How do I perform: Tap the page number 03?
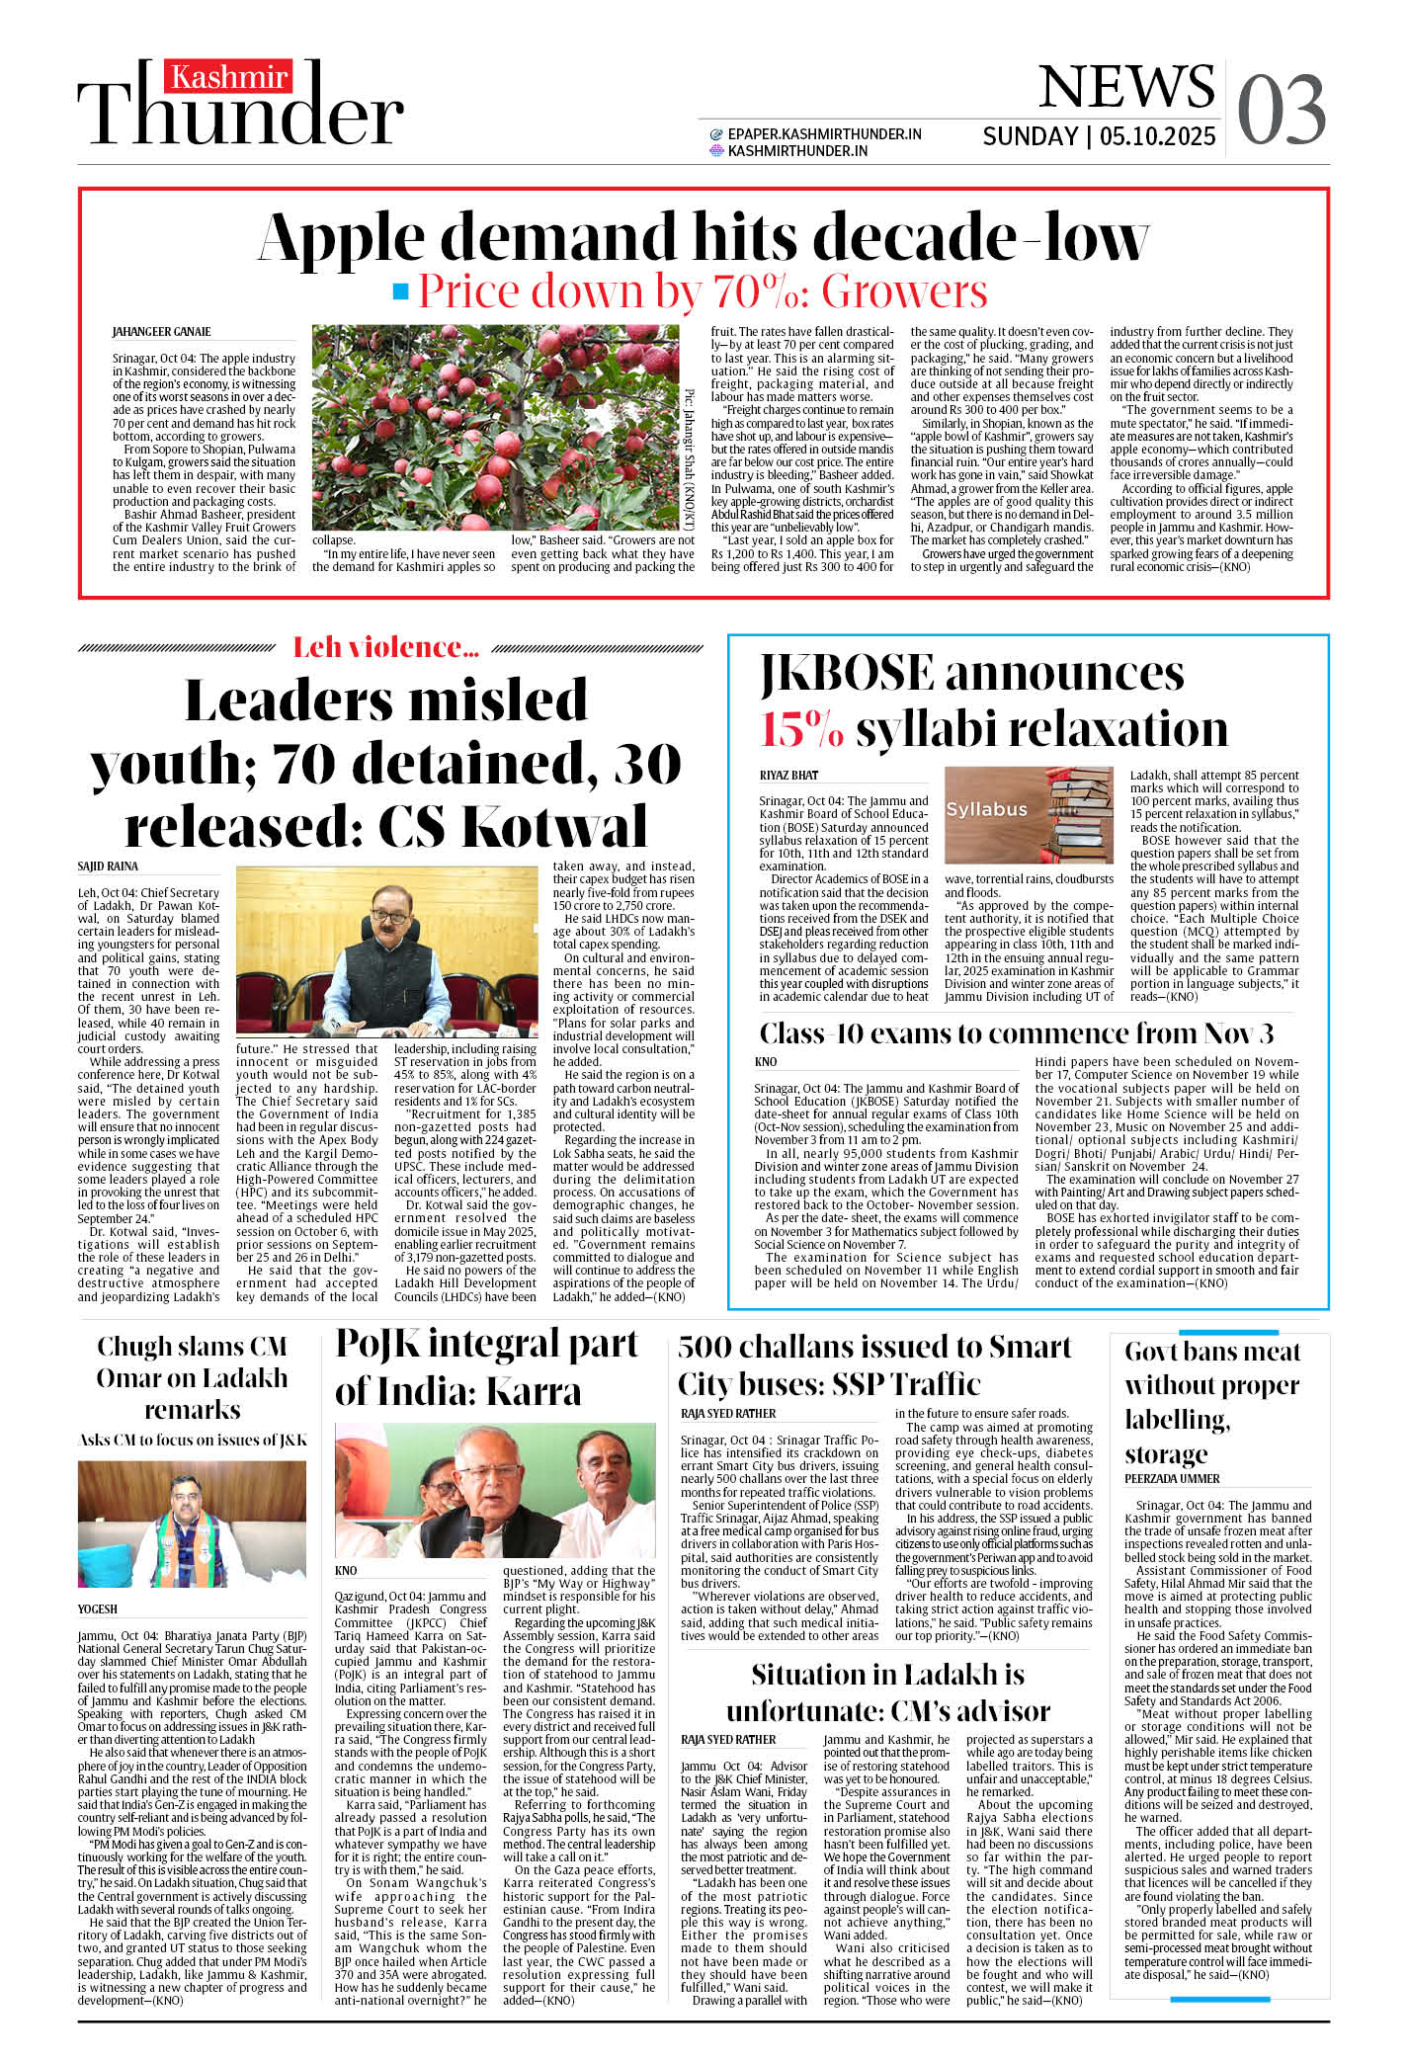[1281, 111]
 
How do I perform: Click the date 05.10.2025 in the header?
[1157, 136]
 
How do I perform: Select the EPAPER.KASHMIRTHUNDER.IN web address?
[824, 134]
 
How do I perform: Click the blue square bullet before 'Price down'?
[400, 291]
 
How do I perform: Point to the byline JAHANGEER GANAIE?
[161, 332]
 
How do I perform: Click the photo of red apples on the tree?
[495, 427]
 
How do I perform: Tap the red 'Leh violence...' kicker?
[385, 647]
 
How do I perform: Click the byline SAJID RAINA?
[108, 866]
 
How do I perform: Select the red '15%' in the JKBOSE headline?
[801, 730]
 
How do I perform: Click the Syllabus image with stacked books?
[1029, 815]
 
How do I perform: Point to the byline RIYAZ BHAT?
[788, 776]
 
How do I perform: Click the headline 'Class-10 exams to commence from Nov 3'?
[1016, 1033]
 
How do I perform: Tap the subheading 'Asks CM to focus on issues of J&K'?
[193, 1440]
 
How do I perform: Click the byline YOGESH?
[98, 1608]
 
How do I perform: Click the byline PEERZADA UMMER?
[1172, 1479]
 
